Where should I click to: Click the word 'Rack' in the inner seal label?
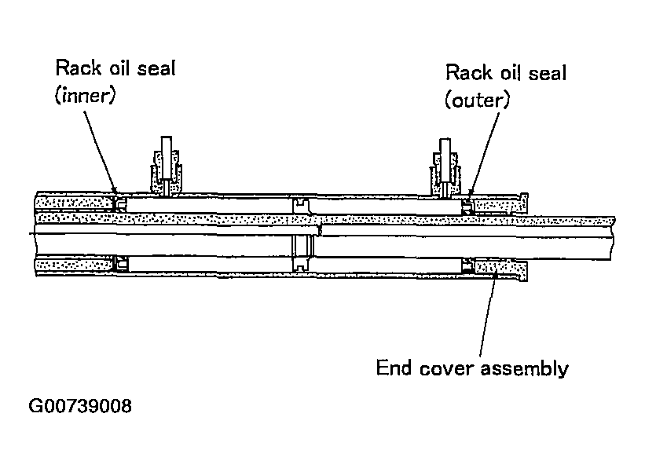coord(78,68)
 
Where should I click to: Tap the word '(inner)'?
coord(86,95)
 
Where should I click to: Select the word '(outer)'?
coord(477,100)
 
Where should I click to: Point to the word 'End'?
coord(394,368)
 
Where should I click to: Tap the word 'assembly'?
coord(525,369)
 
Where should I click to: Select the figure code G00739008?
coord(80,406)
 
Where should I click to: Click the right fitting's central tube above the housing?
coord(445,161)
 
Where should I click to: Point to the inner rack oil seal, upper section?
coord(120,204)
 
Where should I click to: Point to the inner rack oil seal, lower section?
coord(122,264)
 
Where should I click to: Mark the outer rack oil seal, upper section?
coord(467,207)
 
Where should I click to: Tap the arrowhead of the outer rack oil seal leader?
coord(471,191)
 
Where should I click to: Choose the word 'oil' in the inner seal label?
coord(119,68)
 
